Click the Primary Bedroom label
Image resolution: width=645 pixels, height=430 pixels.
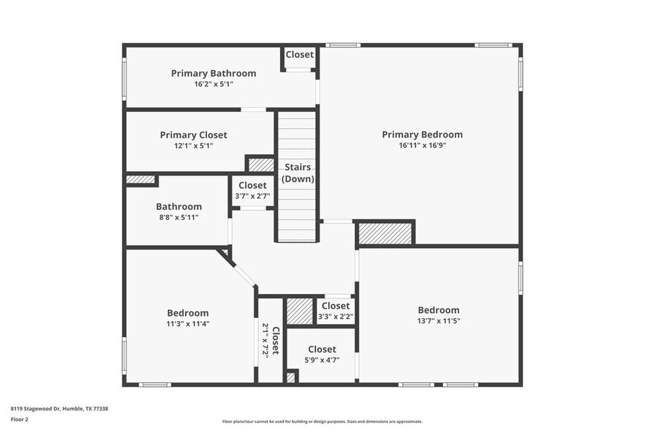422,135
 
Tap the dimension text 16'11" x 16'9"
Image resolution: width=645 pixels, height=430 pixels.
422,146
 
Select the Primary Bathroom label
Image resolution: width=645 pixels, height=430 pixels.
214,73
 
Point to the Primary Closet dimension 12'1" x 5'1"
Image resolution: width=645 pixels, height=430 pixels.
193,146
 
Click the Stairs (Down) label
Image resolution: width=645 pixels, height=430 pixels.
298,173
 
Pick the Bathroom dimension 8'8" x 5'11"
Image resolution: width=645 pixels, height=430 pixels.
178,217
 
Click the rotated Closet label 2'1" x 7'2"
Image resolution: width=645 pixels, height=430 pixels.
271,340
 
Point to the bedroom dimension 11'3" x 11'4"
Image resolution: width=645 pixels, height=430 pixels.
188,323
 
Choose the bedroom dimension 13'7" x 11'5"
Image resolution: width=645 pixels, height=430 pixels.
439,320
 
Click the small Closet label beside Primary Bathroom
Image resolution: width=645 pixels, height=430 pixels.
299,55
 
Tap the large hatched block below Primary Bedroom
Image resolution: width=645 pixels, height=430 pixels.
385,233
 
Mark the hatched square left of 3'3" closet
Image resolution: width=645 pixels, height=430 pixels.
298,311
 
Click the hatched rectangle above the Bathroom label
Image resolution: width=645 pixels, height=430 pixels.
140,179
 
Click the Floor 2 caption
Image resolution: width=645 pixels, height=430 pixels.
19,419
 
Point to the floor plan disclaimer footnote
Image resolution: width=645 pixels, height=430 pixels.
322,422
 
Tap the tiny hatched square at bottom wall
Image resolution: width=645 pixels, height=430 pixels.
290,378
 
